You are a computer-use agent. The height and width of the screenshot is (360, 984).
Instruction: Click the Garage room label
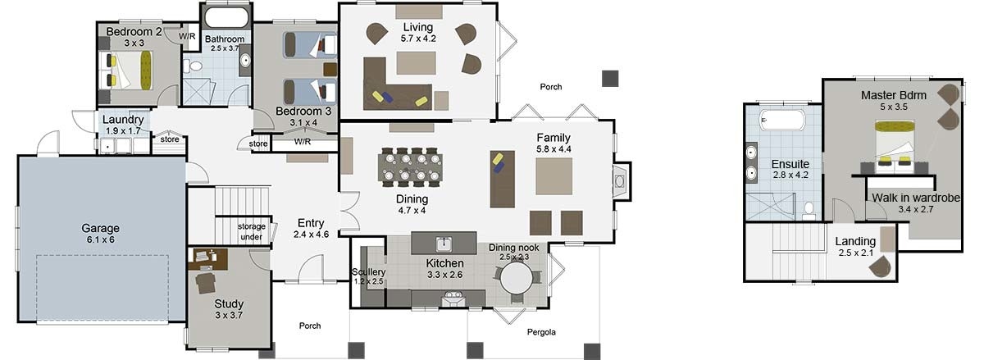pyautogui.click(x=100, y=228)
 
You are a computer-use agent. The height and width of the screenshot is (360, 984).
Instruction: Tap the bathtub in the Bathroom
pyautogui.click(x=225, y=19)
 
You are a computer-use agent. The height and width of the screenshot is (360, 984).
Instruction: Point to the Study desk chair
pyautogui.click(x=204, y=282)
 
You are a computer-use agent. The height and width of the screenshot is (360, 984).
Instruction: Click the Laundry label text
pyautogui.click(x=124, y=119)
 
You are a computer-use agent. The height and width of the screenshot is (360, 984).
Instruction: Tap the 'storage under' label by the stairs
pyautogui.click(x=252, y=232)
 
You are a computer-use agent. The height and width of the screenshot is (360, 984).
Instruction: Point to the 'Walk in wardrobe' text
pyautogui.click(x=915, y=198)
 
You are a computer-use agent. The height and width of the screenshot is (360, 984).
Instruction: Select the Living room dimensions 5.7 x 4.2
pyautogui.click(x=417, y=38)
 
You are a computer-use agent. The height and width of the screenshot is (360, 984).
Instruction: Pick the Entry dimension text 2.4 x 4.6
pyautogui.click(x=311, y=235)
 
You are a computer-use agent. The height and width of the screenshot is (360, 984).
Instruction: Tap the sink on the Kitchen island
pyautogui.click(x=444, y=244)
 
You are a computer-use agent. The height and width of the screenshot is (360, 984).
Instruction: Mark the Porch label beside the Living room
pyautogui.click(x=550, y=87)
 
